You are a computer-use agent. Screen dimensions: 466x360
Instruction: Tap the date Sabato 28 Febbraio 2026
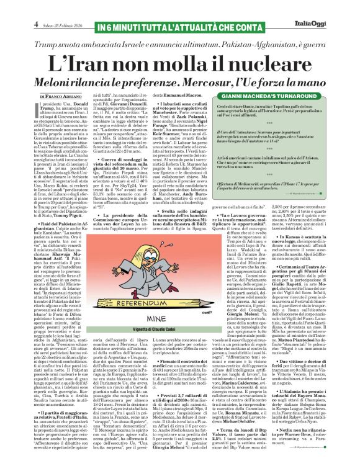click(39, 9)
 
